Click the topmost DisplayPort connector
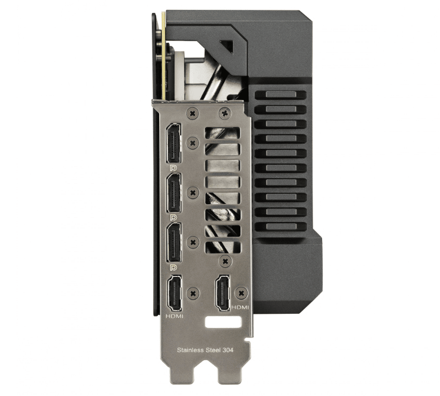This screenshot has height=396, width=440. click(174, 143)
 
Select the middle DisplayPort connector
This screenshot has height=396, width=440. click(174, 193)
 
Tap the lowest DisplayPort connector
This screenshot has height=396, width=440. click(174, 243)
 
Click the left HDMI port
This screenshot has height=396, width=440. click(174, 293)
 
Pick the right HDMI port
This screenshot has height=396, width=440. click(223, 292)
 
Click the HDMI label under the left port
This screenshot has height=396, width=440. click(174, 316)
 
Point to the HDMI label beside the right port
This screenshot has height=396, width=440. click(240, 308)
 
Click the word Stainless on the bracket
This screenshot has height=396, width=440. click(190, 350)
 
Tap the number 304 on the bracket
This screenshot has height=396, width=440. click(228, 350)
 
